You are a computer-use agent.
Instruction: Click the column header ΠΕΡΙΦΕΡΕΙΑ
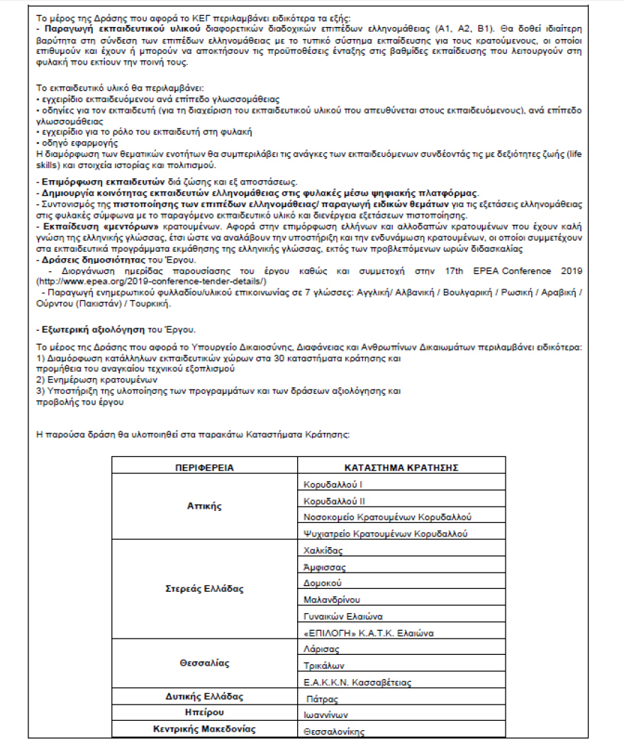[204, 468]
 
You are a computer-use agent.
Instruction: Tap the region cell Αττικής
[204, 507]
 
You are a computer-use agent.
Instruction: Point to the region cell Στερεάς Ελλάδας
[204, 590]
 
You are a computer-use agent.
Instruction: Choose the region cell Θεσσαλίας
[204, 663]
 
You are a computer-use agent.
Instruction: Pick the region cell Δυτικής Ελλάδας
[204, 697]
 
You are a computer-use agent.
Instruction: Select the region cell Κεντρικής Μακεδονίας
[204, 729]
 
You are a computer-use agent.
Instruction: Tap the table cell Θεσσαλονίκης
[333, 730]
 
